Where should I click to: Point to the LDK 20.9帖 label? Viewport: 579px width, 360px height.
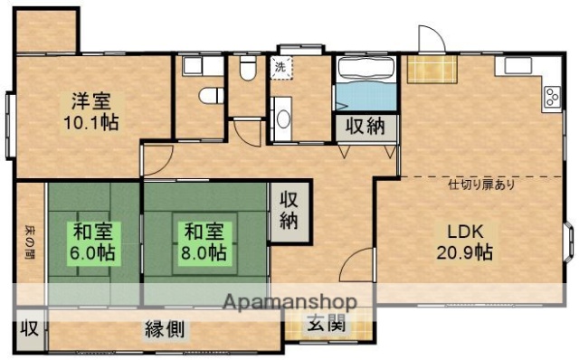pos(466,242)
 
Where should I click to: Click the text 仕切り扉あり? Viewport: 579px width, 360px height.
pos(482,185)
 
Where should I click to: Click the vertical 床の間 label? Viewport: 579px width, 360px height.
pos(29,242)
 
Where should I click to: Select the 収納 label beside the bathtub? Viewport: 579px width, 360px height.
pos(368,128)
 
